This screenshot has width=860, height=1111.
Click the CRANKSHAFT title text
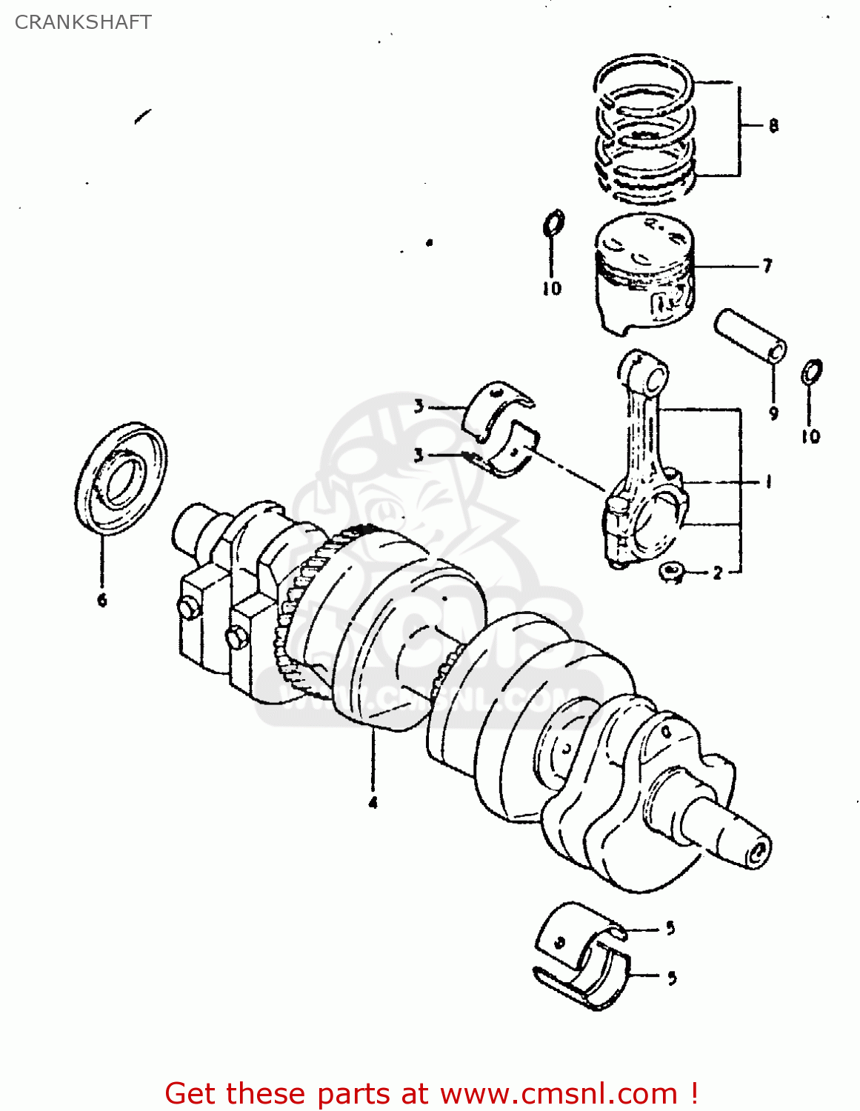[83, 22]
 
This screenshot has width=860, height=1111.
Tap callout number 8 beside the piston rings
[773, 125]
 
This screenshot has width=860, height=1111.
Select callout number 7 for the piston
[767, 265]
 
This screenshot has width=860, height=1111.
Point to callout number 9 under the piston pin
[773, 413]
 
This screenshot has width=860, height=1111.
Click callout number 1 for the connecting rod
[769, 482]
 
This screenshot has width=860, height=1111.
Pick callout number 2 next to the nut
[717, 573]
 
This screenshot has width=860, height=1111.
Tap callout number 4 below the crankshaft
[373, 802]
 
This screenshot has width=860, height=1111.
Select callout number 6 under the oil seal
[102, 599]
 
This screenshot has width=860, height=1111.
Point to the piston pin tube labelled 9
[750, 336]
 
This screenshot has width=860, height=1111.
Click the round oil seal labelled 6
[121, 477]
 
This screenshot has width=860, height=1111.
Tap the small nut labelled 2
[672, 572]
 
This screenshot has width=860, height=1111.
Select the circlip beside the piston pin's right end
[812, 372]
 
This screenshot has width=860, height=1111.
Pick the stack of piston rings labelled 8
[644, 130]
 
